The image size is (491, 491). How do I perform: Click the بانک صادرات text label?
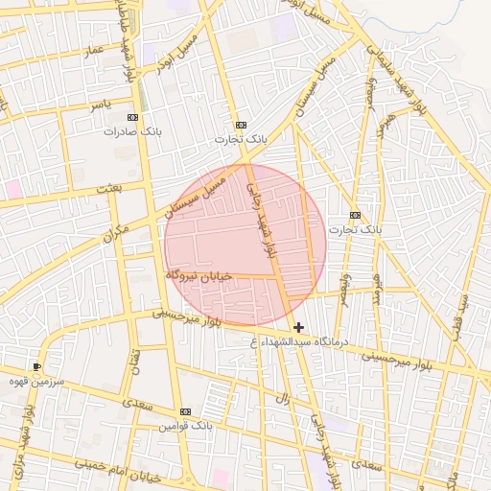pyautogui.click(x=129, y=130)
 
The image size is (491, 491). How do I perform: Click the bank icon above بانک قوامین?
pyautogui.click(x=186, y=410)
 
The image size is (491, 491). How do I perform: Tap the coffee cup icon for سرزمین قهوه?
pyautogui.click(x=37, y=366)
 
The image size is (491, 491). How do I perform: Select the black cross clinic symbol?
pyautogui.click(x=299, y=328)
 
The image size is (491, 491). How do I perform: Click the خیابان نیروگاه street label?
pyautogui.click(x=199, y=274)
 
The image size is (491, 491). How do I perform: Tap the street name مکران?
pyautogui.click(x=114, y=231)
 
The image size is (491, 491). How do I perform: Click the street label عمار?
pyautogui.click(x=92, y=48)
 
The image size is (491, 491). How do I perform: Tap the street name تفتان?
pyautogui.click(x=135, y=360)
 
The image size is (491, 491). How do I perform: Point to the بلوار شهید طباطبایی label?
pyautogui.click(x=126, y=29)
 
